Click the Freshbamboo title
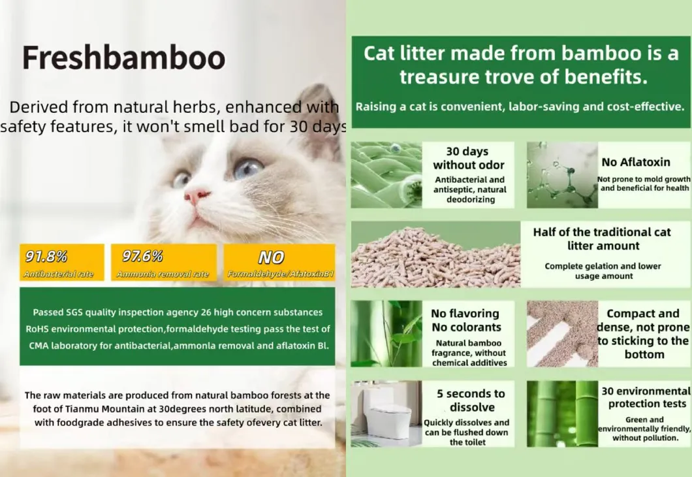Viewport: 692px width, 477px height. [123, 58]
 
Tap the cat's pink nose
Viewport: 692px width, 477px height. [197, 195]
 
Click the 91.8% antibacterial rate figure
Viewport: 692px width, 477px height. [46, 256]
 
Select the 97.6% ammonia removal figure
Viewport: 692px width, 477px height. [142, 256]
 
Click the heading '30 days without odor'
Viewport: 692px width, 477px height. [469, 158]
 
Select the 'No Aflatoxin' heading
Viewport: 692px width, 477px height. [636, 162]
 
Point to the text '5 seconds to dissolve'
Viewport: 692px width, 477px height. [471, 400]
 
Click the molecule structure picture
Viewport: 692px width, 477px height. [562, 175]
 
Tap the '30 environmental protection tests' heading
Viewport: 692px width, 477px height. [645, 397]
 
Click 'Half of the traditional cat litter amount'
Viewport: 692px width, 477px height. [601, 238]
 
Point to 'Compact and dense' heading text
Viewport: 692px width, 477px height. [643, 320]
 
